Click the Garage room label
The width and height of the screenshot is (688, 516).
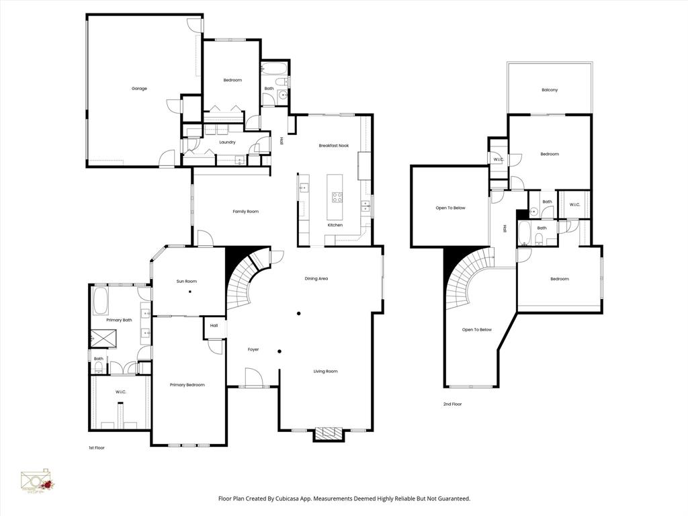tap(139, 89)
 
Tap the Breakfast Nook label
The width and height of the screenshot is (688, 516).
tap(334, 146)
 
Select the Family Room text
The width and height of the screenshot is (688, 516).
tap(245, 212)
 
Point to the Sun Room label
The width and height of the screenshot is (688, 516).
tap(187, 282)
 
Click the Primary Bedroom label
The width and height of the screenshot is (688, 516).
tap(187, 385)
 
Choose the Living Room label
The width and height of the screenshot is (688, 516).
tap(325, 372)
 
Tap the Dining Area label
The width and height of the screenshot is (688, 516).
tap(316, 279)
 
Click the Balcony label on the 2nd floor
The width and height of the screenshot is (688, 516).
tap(550, 90)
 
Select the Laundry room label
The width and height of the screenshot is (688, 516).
tap(227, 142)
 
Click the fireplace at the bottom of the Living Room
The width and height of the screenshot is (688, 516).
tap(329, 434)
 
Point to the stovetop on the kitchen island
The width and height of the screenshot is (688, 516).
tap(336, 198)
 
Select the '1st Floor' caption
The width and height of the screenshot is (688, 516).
tap(97, 447)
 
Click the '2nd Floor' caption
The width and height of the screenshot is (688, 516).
tap(452, 404)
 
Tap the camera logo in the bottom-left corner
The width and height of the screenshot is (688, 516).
tap(37, 482)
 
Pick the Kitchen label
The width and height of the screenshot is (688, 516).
tap(335, 225)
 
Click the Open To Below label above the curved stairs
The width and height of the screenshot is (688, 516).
tap(477, 330)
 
